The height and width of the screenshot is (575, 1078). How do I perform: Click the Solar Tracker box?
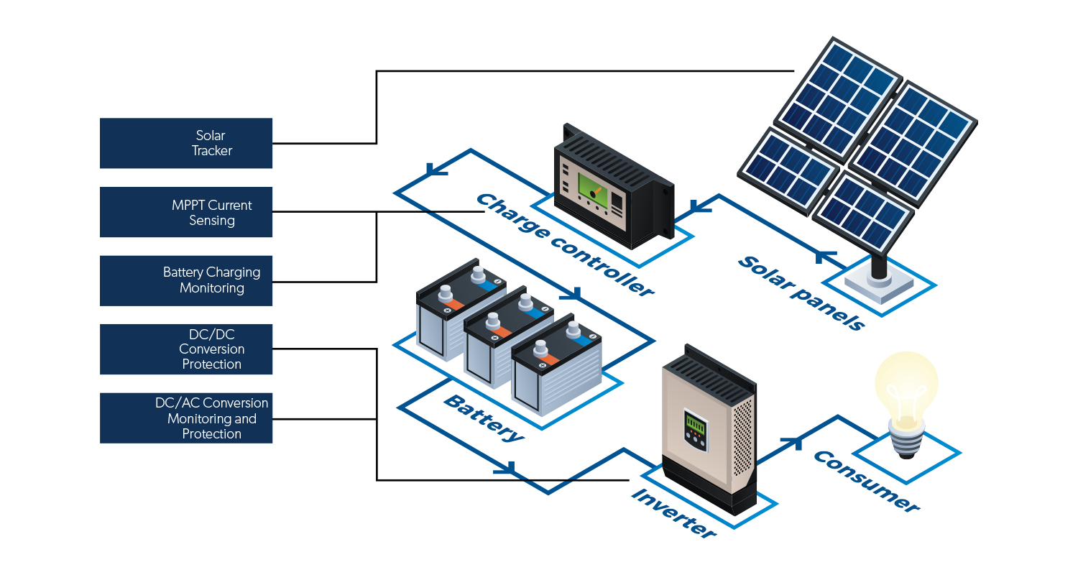point(186,143)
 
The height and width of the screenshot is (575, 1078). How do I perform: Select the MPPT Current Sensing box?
point(186,212)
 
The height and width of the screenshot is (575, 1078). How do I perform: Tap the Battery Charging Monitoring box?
point(186,280)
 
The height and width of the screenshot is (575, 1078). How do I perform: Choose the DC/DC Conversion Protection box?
point(186,349)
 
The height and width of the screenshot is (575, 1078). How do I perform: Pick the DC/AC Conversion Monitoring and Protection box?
point(186,418)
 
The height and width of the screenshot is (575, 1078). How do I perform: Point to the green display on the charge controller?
point(591,190)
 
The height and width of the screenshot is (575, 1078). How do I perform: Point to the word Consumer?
point(865,481)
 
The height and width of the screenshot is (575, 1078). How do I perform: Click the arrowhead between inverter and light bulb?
point(795,442)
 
